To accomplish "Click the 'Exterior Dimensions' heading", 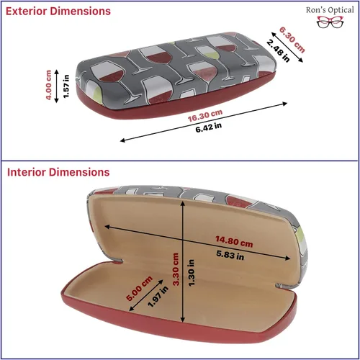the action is click(x=58, y=12).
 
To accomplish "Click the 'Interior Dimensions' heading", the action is click(x=58, y=172).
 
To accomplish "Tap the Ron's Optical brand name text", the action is click(x=330, y=10).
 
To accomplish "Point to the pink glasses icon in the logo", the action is click(x=330, y=22).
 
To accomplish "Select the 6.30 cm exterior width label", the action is click(x=292, y=40).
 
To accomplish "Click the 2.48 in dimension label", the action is click(x=278, y=51).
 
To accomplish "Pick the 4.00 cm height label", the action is click(x=48, y=85).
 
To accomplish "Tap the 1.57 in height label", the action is click(x=66, y=86).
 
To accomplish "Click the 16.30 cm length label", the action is click(x=205, y=115).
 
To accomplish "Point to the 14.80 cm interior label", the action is click(x=234, y=241).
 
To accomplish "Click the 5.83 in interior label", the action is click(x=230, y=255).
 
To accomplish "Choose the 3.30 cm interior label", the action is click(x=176, y=269).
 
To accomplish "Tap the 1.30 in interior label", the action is click(x=192, y=273).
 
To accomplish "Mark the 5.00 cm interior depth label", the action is click(x=140, y=288).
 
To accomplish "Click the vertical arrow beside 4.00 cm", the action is click(x=57, y=86).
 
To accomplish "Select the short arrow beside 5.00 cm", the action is click(x=146, y=295).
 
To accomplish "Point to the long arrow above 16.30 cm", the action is click(x=204, y=122).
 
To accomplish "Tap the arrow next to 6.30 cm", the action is click(x=287, y=48).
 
